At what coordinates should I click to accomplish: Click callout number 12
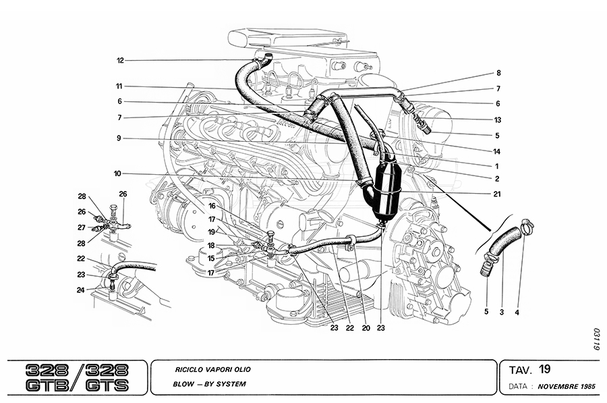click(120, 61)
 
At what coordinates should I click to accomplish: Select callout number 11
click(118, 86)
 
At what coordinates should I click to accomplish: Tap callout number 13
click(498, 119)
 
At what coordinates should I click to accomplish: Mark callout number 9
click(118, 138)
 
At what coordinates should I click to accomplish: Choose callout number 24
click(81, 291)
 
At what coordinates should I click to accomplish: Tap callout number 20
click(366, 329)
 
